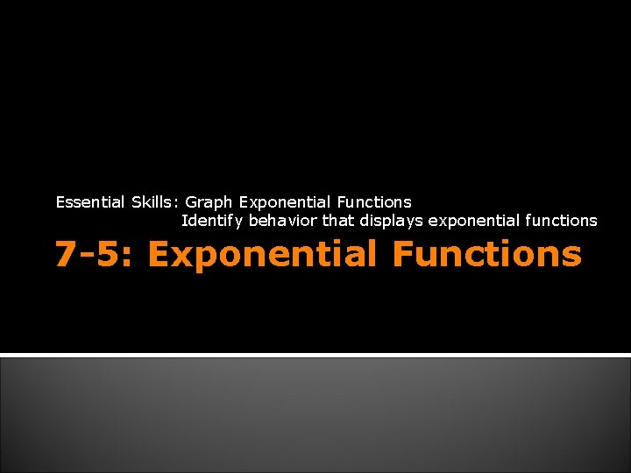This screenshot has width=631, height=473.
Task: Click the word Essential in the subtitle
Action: pyautogui.click(x=91, y=202)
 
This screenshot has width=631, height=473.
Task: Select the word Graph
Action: pyautogui.click(x=209, y=202)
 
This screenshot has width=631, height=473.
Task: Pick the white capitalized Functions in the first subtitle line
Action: pyautogui.click(x=374, y=202)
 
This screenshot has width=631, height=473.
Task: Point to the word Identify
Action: pyautogui.click(x=212, y=221)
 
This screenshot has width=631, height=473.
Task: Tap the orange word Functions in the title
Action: pyautogui.click(x=486, y=254)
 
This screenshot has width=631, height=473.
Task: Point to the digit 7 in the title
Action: pyautogui.click(x=65, y=255)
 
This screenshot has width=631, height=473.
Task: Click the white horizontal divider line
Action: pyautogui.click(x=315, y=354)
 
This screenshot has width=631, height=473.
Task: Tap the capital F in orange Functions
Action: pyautogui.click(x=405, y=254)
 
